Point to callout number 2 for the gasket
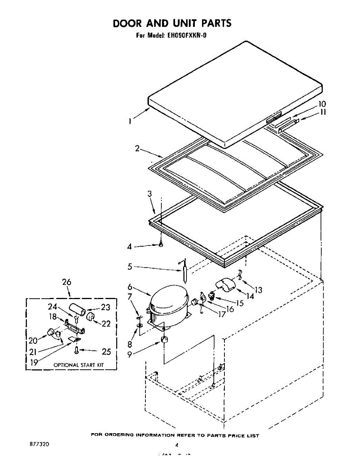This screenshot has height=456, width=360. [137, 149]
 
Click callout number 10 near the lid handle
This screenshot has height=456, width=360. [322, 104]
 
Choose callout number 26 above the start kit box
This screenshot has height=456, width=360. [66, 282]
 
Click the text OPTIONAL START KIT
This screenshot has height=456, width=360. [79, 365]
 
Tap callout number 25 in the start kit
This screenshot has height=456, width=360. [106, 351]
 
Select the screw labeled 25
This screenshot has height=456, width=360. [77, 350]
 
